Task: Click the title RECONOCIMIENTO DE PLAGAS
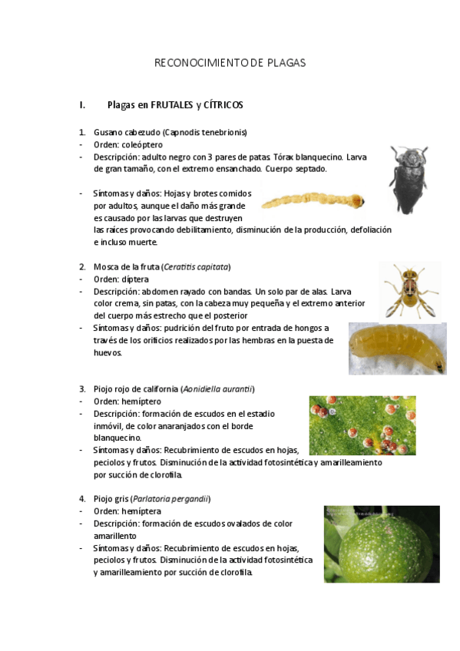point(230,63)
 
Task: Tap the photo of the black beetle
point(408,180)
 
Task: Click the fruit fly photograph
point(410,289)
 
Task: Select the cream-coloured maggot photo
point(397,348)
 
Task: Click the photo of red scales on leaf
point(362,425)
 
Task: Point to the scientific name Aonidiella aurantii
point(218,388)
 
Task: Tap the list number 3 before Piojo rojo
point(82,388)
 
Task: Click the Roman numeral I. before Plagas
point(81,104)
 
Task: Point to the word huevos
point(107,353)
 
